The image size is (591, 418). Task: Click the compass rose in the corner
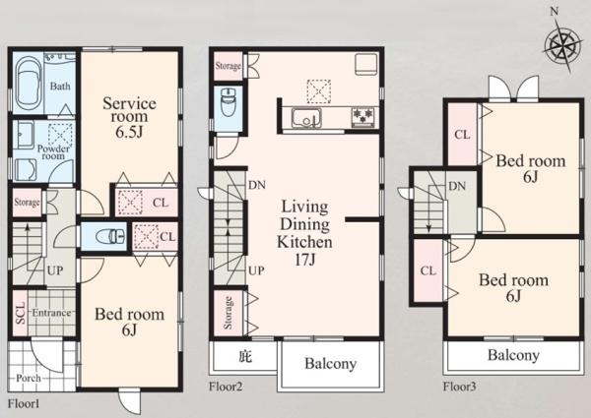562,46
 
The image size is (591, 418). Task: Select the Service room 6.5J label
129,117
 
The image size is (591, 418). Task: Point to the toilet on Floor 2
229,102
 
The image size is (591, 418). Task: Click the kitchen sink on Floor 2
306,118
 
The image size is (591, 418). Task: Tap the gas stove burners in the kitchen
363,116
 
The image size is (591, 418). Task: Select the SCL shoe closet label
21,313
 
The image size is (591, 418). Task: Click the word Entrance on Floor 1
51,313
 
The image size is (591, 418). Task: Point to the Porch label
29,378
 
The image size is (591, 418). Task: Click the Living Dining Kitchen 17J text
304,233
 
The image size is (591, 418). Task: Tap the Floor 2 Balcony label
330,364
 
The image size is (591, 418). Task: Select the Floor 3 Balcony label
513,355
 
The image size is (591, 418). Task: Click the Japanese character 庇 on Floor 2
245,356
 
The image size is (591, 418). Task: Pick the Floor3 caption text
459,387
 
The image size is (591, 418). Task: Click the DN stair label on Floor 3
457,186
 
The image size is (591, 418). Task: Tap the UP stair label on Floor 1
55,270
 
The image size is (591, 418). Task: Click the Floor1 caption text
24,404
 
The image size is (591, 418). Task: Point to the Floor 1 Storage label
27,203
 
